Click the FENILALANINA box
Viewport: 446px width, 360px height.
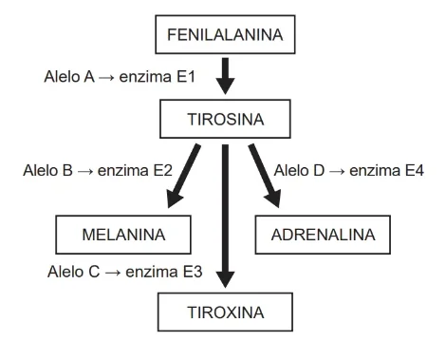click(x=225, y=34)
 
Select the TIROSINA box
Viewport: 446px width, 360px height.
click(x=225, y=119)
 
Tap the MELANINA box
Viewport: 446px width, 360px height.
click(x=123, y=235)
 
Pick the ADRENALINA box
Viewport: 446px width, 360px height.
click(x=323, y=235)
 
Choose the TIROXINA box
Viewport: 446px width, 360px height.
click(x=225, y=313)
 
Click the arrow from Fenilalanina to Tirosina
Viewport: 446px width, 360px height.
click(x=225, y=76)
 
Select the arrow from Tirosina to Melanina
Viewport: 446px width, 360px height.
click(x=183, y=176)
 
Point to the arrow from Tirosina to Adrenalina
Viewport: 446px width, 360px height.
click(x=265, y=176)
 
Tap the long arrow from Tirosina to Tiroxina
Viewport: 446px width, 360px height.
click(x=225, y=217)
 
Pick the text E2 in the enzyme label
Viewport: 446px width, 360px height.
click(x=163, y=171)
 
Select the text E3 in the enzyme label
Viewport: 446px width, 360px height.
click(x=193, y=272)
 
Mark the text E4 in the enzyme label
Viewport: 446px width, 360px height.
click(x=415, y=171)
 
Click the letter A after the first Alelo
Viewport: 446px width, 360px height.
click(x=89, y=77)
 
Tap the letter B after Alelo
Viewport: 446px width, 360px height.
click(x=67, y=171)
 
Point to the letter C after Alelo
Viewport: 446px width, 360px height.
click(x=94, y=272)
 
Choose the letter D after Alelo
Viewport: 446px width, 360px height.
click(x=319, y=171)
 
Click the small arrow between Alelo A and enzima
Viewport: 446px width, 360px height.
click(x=106, y=77)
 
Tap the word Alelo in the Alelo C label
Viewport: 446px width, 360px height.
click(x=66, y=272)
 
